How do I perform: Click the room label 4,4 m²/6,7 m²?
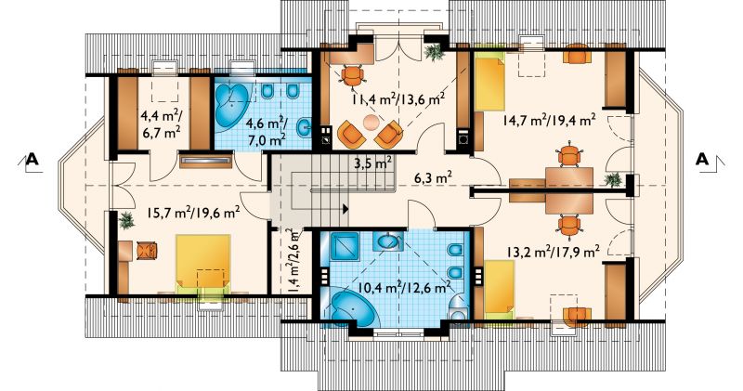click(x=160, y=124)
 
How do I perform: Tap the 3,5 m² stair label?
click(x=373, y=163)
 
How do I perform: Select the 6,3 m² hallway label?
click(x=433, y=178)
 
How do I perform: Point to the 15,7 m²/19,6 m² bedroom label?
click(x=193, y=213)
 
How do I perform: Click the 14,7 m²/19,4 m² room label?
click(x=549, y=121)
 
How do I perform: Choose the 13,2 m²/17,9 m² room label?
click(x=554, y=251)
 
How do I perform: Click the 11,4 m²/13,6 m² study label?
click(x=398, y=99)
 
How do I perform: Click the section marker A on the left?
click(x=31, y=159)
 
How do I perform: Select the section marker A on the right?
click(x=702, y=159)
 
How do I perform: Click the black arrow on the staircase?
click(x=345, y=209)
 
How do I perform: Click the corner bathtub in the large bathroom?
click(x=351, y=306)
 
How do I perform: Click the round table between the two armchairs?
click(x=371, y=123)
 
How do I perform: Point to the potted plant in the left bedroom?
click(x=126, y=220)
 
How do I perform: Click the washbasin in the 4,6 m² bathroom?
click(x=304, y=127)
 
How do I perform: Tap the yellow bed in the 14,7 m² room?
click(x=490, y=82)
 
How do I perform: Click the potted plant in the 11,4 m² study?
click(x=434, y=52)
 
